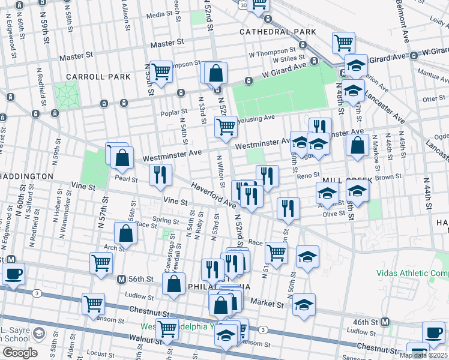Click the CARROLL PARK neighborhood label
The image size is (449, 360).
pos(98,77)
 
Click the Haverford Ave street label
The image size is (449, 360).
pos(213,196)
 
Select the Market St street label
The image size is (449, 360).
pos(267,304)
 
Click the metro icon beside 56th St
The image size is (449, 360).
pos(121,279)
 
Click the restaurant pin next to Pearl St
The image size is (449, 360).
pos(160,174)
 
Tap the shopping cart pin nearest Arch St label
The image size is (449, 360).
pos(101,262)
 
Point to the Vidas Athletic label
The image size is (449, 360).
pos(412,272)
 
